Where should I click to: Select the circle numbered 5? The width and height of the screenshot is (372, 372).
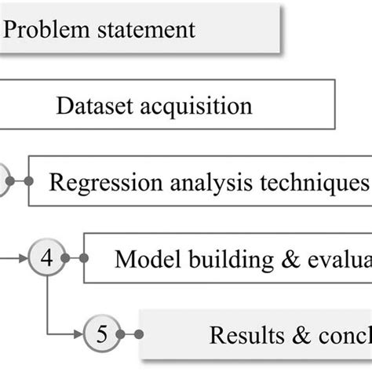click(x=100, y=334)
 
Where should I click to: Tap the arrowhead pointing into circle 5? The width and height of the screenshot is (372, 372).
click(x=79, y=334)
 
